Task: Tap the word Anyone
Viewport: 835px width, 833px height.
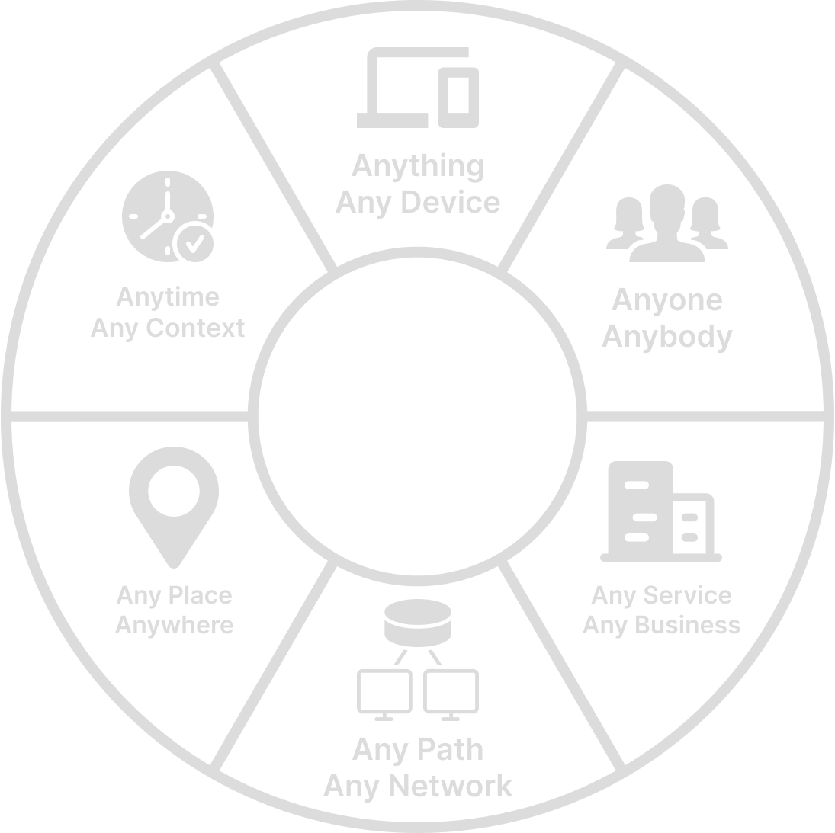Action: coord(666,300)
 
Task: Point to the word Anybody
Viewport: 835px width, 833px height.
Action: coord(666,337)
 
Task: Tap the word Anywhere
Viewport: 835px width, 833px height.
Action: coord(174,626)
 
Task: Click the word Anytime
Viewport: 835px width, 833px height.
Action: coord(168,297)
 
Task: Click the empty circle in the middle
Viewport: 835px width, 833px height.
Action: coord(418,417)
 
